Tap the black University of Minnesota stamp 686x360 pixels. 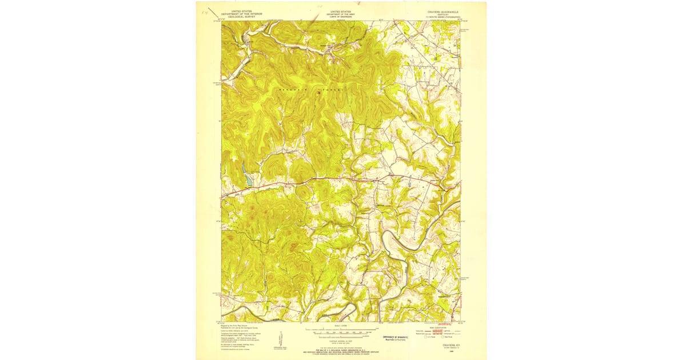point(394,337)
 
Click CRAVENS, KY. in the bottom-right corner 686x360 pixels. point(444,345)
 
